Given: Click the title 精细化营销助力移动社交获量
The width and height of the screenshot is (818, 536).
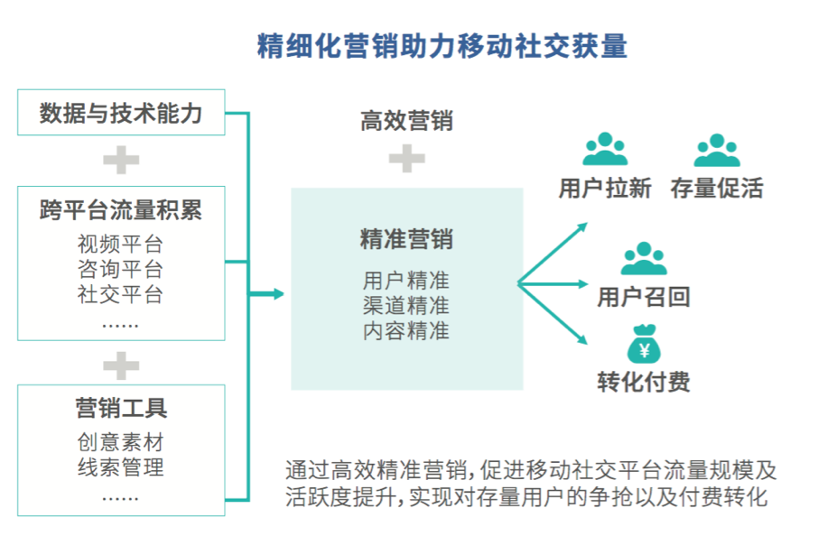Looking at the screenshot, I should click(442, 46).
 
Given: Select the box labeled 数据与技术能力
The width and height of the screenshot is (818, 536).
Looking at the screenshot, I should click(121, 113).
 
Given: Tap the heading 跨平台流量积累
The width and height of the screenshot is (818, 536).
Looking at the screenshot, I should click(121, 211).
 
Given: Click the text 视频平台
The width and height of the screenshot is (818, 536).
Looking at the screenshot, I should click(121, 245).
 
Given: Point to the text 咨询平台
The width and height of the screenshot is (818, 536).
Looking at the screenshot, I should click(121, 269).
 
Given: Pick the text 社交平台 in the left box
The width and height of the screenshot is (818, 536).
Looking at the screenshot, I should click(121, 293).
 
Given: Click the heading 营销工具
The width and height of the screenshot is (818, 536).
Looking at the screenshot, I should click(121, 408).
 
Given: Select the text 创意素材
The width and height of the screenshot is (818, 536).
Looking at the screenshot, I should click(121, 443).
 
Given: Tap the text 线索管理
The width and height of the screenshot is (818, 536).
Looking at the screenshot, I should click(121, 467).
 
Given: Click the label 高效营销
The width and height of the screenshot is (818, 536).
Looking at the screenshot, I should click(406, 122).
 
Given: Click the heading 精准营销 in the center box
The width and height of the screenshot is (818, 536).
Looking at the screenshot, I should click(406, 240).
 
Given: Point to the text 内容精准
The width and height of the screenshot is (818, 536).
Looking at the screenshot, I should click(406, 330).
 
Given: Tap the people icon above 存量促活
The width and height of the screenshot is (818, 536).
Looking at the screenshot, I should click(717, 151).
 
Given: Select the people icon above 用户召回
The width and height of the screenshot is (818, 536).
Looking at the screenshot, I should click(644, 259).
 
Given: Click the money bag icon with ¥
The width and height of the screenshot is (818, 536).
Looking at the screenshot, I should click(644, 347).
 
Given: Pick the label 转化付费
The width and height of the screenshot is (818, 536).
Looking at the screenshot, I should click(644, 382).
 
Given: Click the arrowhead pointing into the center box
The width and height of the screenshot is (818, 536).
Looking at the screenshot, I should click(277, 294).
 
